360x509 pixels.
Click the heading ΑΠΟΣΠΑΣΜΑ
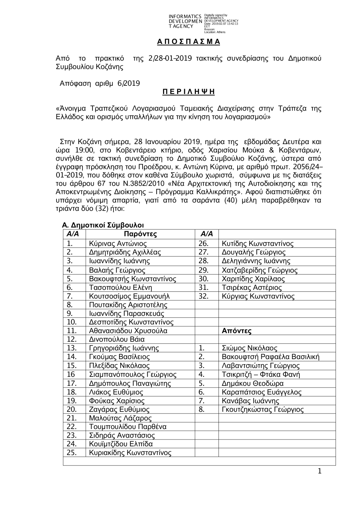[x=188, y=42]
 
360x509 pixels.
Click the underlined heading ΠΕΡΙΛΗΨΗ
[x=188, y=92]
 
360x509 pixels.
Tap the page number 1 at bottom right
[x=319, y=472]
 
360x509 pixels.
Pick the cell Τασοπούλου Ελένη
[x=120, y=287]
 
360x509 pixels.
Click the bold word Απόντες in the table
[x=237, y=331]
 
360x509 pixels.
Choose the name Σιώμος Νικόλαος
[x=249, y=348]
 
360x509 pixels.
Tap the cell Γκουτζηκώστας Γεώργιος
[x=262, y=410]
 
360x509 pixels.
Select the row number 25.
[x=72, y=453]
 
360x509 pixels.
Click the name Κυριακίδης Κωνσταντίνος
[x=130, y=453]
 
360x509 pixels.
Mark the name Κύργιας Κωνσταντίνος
[x=258, y=296]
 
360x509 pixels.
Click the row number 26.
[x=203, y=244]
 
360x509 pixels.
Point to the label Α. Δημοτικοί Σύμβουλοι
[x=103, y=225]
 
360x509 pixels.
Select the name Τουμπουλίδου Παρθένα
[x=127, y=427]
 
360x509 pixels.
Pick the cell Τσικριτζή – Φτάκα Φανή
[x=261, y=374]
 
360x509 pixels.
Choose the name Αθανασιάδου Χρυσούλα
[x=128, y=331]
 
